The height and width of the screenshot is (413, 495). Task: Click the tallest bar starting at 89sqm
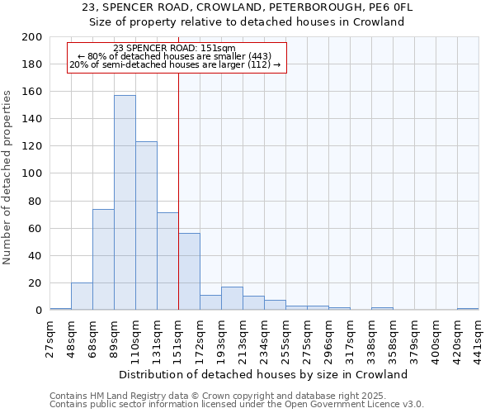tap(125, 202)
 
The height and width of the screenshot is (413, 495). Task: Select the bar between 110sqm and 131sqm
tap(146, 225)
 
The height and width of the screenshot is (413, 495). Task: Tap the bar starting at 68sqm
tap(103, 259)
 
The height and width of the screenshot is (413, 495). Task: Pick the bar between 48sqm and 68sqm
tap(82, 296)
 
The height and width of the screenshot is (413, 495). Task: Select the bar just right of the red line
tap(189, 272)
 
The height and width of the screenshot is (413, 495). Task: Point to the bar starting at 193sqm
tap(232, 298)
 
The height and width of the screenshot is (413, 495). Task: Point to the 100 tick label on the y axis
tap(31, 173)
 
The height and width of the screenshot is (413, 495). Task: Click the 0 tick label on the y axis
tap(38, 311)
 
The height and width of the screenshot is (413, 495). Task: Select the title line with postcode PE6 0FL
tap(247, 7)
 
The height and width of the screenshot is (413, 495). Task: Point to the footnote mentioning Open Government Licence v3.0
tap(237, 404)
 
